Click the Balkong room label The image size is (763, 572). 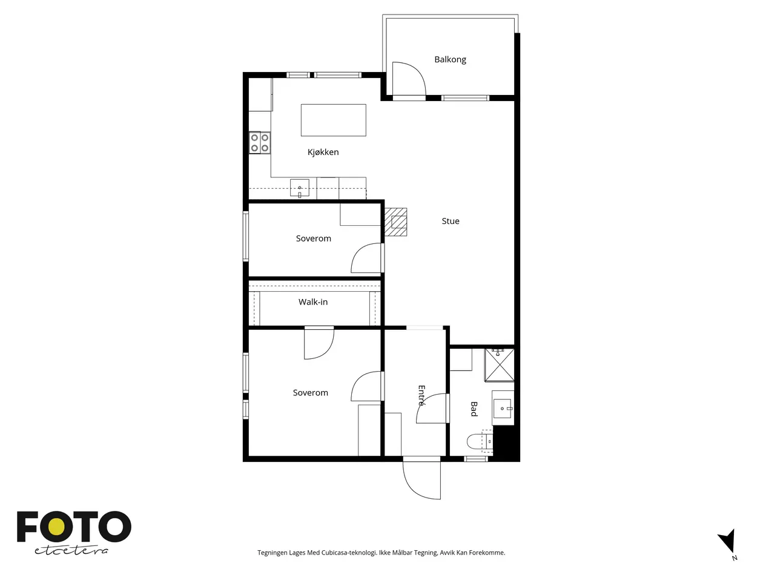[450, 59]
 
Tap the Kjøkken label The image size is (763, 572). [323, 152]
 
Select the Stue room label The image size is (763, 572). [450, 221]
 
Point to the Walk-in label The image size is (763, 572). [313, 302]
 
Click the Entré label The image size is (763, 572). [421, 395]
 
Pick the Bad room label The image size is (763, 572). [474, 409]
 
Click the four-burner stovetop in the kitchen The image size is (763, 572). [260, 143]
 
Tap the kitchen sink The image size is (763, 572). [300, 188]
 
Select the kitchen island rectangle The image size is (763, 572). [333, 120]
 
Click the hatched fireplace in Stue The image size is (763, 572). [395, 222]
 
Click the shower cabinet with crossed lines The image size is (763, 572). [500, 364]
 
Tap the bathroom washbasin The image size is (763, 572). [503, 408]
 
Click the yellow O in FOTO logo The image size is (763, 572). [58, 527]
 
